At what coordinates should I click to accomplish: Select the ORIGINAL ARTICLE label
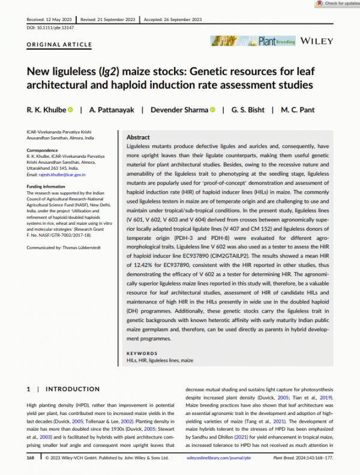[59, 45]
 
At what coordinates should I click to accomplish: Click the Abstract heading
[139, 137]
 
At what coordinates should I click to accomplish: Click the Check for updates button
[336, 4]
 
